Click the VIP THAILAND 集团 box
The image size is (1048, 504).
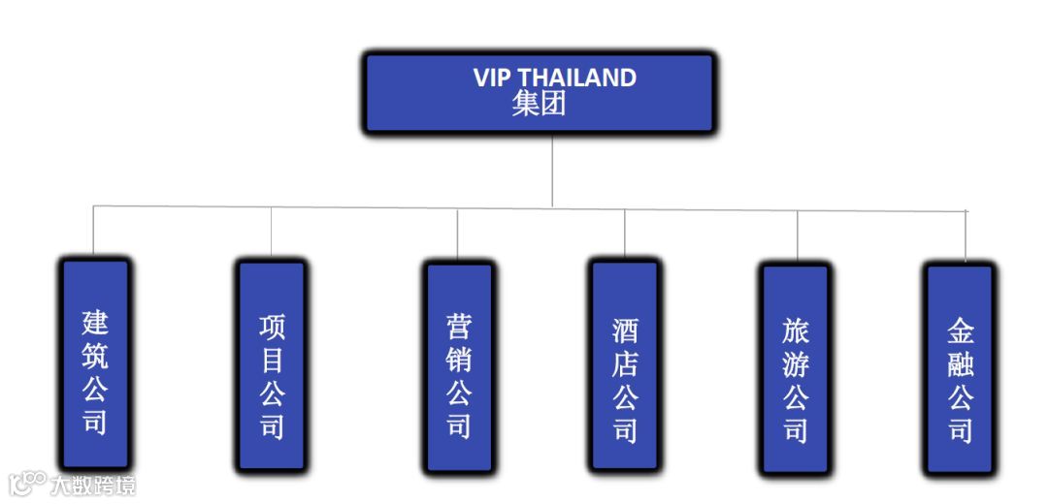540,93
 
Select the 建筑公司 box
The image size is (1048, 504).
95,363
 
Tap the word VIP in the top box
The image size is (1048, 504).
491,78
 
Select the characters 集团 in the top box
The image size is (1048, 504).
539,105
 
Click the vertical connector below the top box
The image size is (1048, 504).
552,170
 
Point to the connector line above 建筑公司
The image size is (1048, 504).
93,232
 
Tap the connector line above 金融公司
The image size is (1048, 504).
966,236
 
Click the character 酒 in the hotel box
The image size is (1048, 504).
625,330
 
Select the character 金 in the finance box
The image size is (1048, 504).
961,332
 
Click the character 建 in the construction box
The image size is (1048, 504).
95,322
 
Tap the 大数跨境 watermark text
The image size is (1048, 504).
94,484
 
